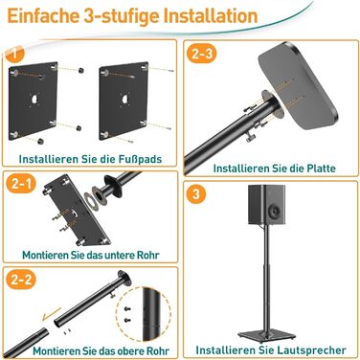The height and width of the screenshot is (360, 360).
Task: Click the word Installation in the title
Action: coord(211,16)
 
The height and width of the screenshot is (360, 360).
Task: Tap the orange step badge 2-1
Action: coord(21,184)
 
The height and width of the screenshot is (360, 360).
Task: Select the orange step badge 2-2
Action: coord(22,280)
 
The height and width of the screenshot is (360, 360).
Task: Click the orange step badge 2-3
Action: coord(202,53)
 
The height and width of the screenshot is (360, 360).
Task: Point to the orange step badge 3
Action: coord(196,193)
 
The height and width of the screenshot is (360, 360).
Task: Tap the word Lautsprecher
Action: coord(311,350)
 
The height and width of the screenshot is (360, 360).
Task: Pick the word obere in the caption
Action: coord(128,351)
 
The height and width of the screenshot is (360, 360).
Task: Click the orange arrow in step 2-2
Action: coord(52,314)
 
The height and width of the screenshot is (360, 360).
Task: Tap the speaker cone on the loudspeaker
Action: coord(276,211)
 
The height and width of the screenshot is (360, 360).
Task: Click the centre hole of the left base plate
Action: coord(34,99)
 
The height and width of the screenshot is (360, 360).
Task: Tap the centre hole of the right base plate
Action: coord(124,99)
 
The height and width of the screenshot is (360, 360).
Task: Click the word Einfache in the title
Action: coord(43,16)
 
